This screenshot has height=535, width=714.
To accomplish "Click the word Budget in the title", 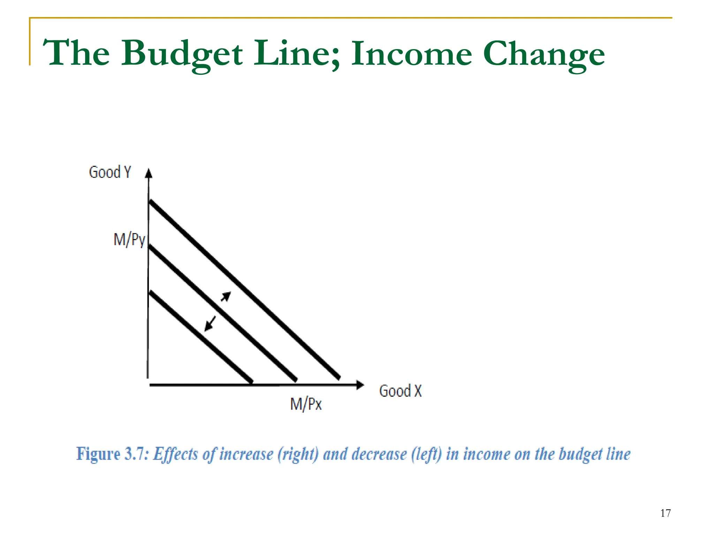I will coord(182,54).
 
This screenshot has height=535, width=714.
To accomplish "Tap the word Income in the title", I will coord(411,54).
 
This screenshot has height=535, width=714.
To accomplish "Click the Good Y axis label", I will coord(110,172).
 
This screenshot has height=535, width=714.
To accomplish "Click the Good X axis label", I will coord(400,391).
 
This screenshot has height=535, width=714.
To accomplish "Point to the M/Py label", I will coord(129,240).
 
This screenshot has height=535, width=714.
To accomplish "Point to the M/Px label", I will coord(306,404).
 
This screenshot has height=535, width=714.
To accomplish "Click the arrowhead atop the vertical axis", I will coord(149,173).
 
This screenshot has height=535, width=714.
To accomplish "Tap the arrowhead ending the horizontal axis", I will coord(360,385).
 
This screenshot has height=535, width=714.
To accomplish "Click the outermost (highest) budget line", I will coord(244,289).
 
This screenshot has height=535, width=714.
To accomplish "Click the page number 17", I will coord(665,513).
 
